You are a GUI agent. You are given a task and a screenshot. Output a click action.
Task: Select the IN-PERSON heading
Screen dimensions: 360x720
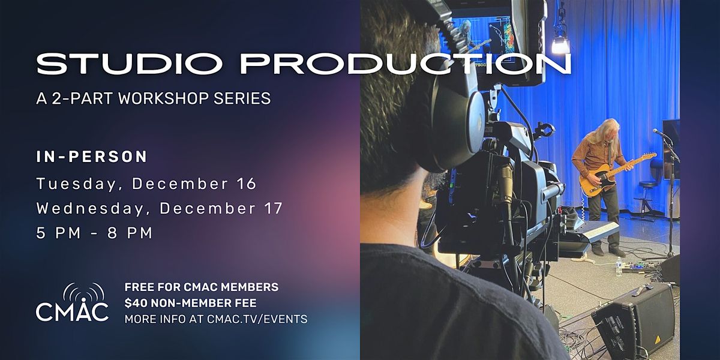tap(92, 157)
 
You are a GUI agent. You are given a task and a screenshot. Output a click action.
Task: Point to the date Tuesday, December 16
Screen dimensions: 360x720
tap(146, 184)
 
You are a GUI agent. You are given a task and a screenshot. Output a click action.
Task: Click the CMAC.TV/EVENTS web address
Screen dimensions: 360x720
tap(259, 319)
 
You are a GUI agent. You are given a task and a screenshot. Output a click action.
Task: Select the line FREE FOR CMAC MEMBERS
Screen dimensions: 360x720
tap(201, 287)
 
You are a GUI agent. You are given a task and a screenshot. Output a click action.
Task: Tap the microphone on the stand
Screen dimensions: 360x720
tap(658, 132)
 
